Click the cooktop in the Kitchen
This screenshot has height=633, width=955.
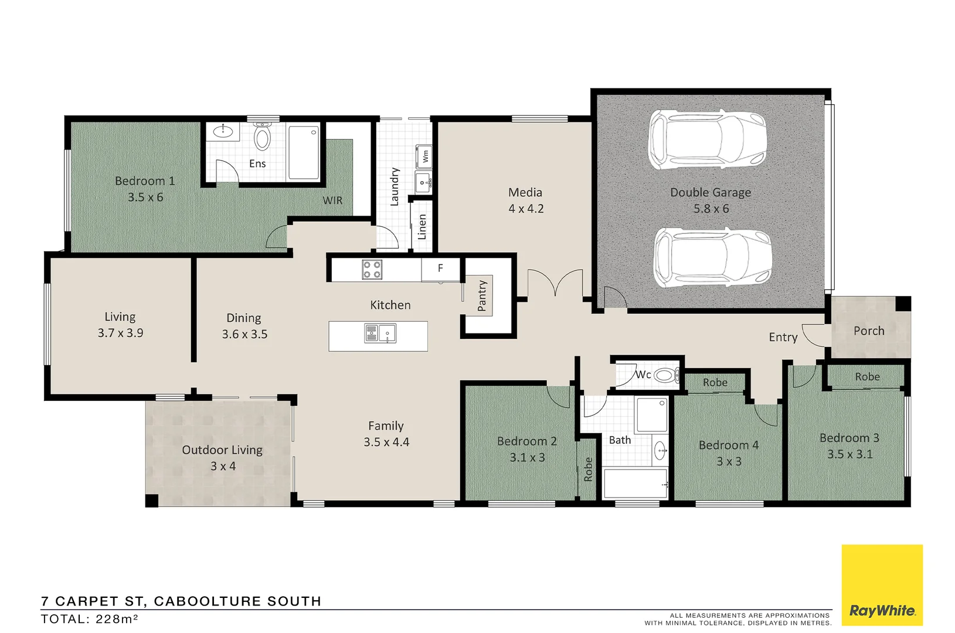pos(372,270)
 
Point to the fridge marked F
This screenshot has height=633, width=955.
pos(440,268)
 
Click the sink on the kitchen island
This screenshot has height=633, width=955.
pos(379,333)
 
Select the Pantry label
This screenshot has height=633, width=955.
pos(482,295)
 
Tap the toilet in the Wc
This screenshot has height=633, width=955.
pos(666,375)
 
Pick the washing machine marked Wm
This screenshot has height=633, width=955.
pos(424,156)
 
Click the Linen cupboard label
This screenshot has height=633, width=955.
pos(422,227)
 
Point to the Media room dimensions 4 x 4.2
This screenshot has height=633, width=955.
pos(526,209)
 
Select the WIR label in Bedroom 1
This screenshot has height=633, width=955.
pos(332,200)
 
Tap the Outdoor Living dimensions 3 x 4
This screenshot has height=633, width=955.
pos(223,467)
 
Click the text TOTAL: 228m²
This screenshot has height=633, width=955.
pos(89,619)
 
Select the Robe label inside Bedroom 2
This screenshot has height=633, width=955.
pos(588,469)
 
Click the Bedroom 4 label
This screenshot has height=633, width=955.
pos(728,445)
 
